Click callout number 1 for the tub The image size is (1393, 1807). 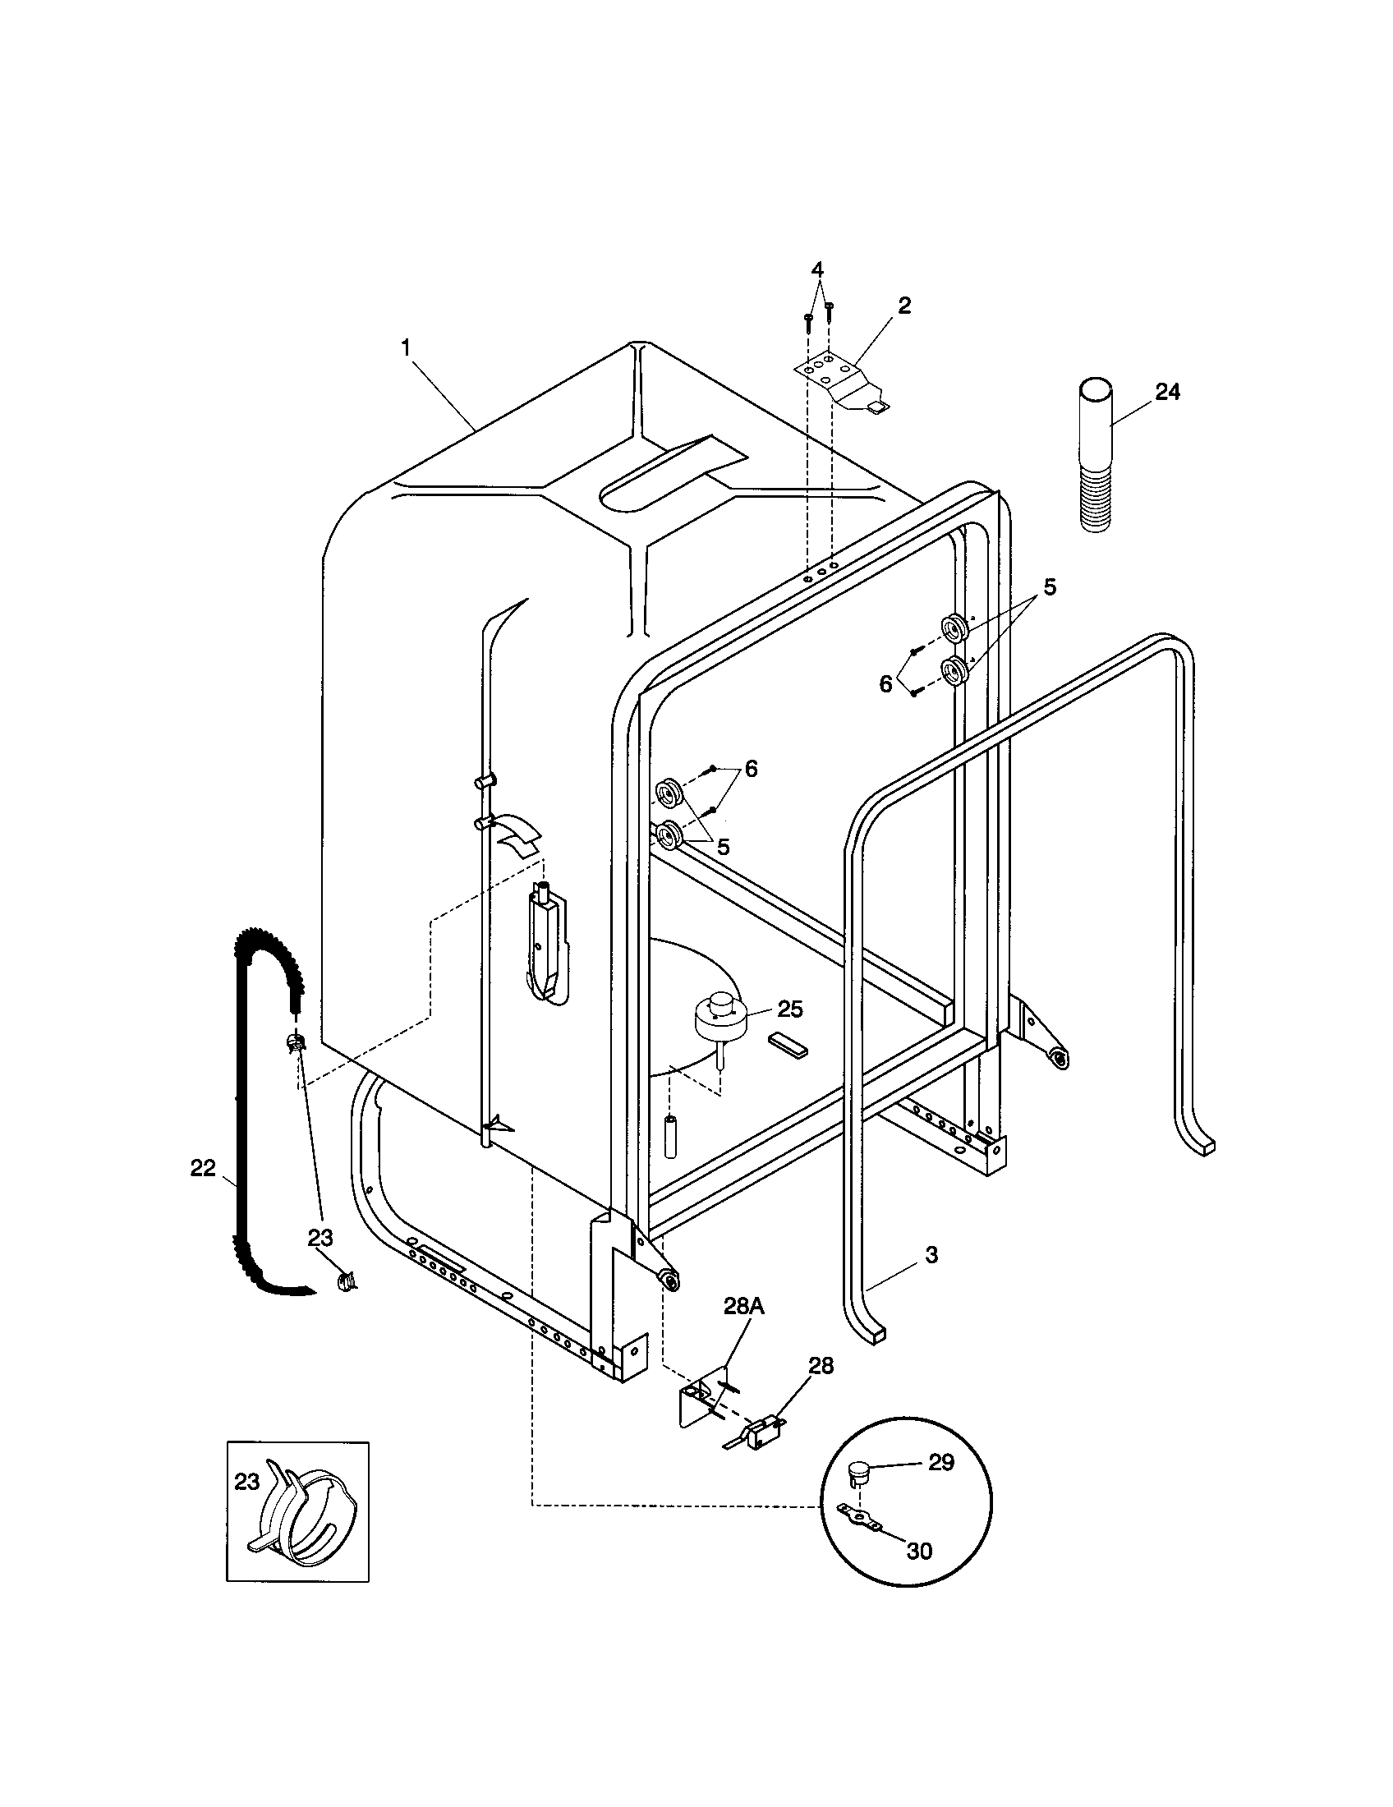point(405,348)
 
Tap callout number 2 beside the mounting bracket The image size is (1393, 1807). point(904,306)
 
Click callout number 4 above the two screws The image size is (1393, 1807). point(817,269)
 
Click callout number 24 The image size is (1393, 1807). point(1167,391)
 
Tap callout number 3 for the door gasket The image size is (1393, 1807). point(931,1254)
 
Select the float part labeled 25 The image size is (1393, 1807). point(720,1017)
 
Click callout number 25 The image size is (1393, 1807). point(790,1009)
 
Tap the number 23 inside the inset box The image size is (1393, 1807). point(247,1482)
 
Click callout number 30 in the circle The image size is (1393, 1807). point(919,1550)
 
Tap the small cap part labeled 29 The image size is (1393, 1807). point(857,1471)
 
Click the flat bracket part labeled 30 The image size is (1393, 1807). point(857,1516)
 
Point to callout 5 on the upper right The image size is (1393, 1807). point(1049,586)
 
